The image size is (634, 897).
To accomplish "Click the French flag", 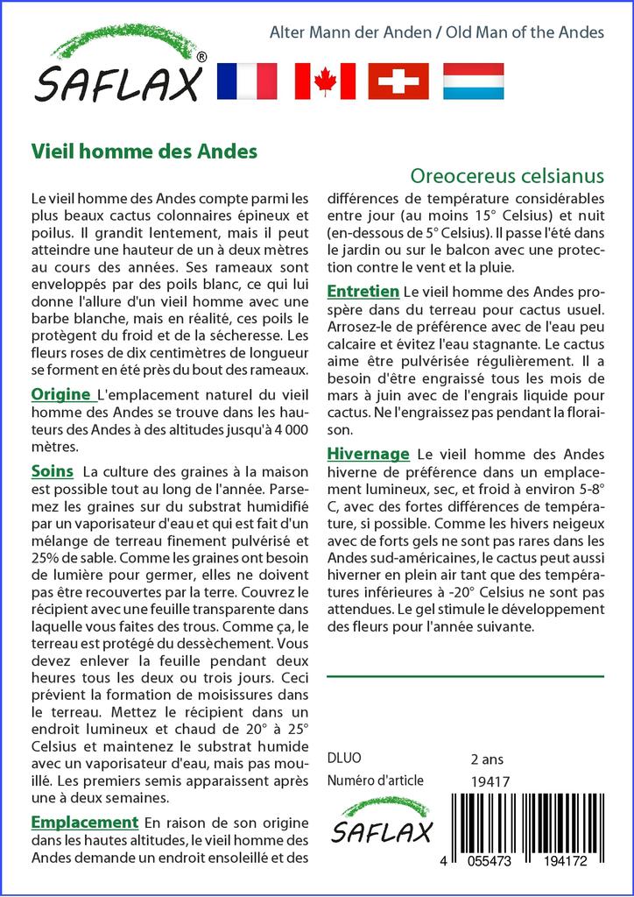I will (x=246, y=81).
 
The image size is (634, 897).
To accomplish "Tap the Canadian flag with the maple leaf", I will (x=325, y=81).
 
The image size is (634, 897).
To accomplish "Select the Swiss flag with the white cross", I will (x=398, y=81).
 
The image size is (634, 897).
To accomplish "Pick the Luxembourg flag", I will (x=473, y=81).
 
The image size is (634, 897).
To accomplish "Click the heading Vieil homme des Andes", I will (x=144, y=151).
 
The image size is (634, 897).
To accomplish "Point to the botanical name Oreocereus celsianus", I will (x=507, y=174).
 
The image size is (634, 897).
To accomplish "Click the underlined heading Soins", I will (x=52, y=471).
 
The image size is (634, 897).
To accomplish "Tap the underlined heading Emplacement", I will (x=84, y=822).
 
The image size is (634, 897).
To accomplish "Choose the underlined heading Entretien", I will (x=363, y=291).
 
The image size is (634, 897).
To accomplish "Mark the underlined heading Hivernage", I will (x=368, y=454).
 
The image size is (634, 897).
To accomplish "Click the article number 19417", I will (x=490, y=780).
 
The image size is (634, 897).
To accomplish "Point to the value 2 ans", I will (x=487, y=759).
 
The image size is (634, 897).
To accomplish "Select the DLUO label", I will (x=343, y=759).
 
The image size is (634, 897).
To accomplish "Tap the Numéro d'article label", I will (x=375, y=780).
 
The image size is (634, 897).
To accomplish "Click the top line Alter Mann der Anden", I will (x=350, y=32).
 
